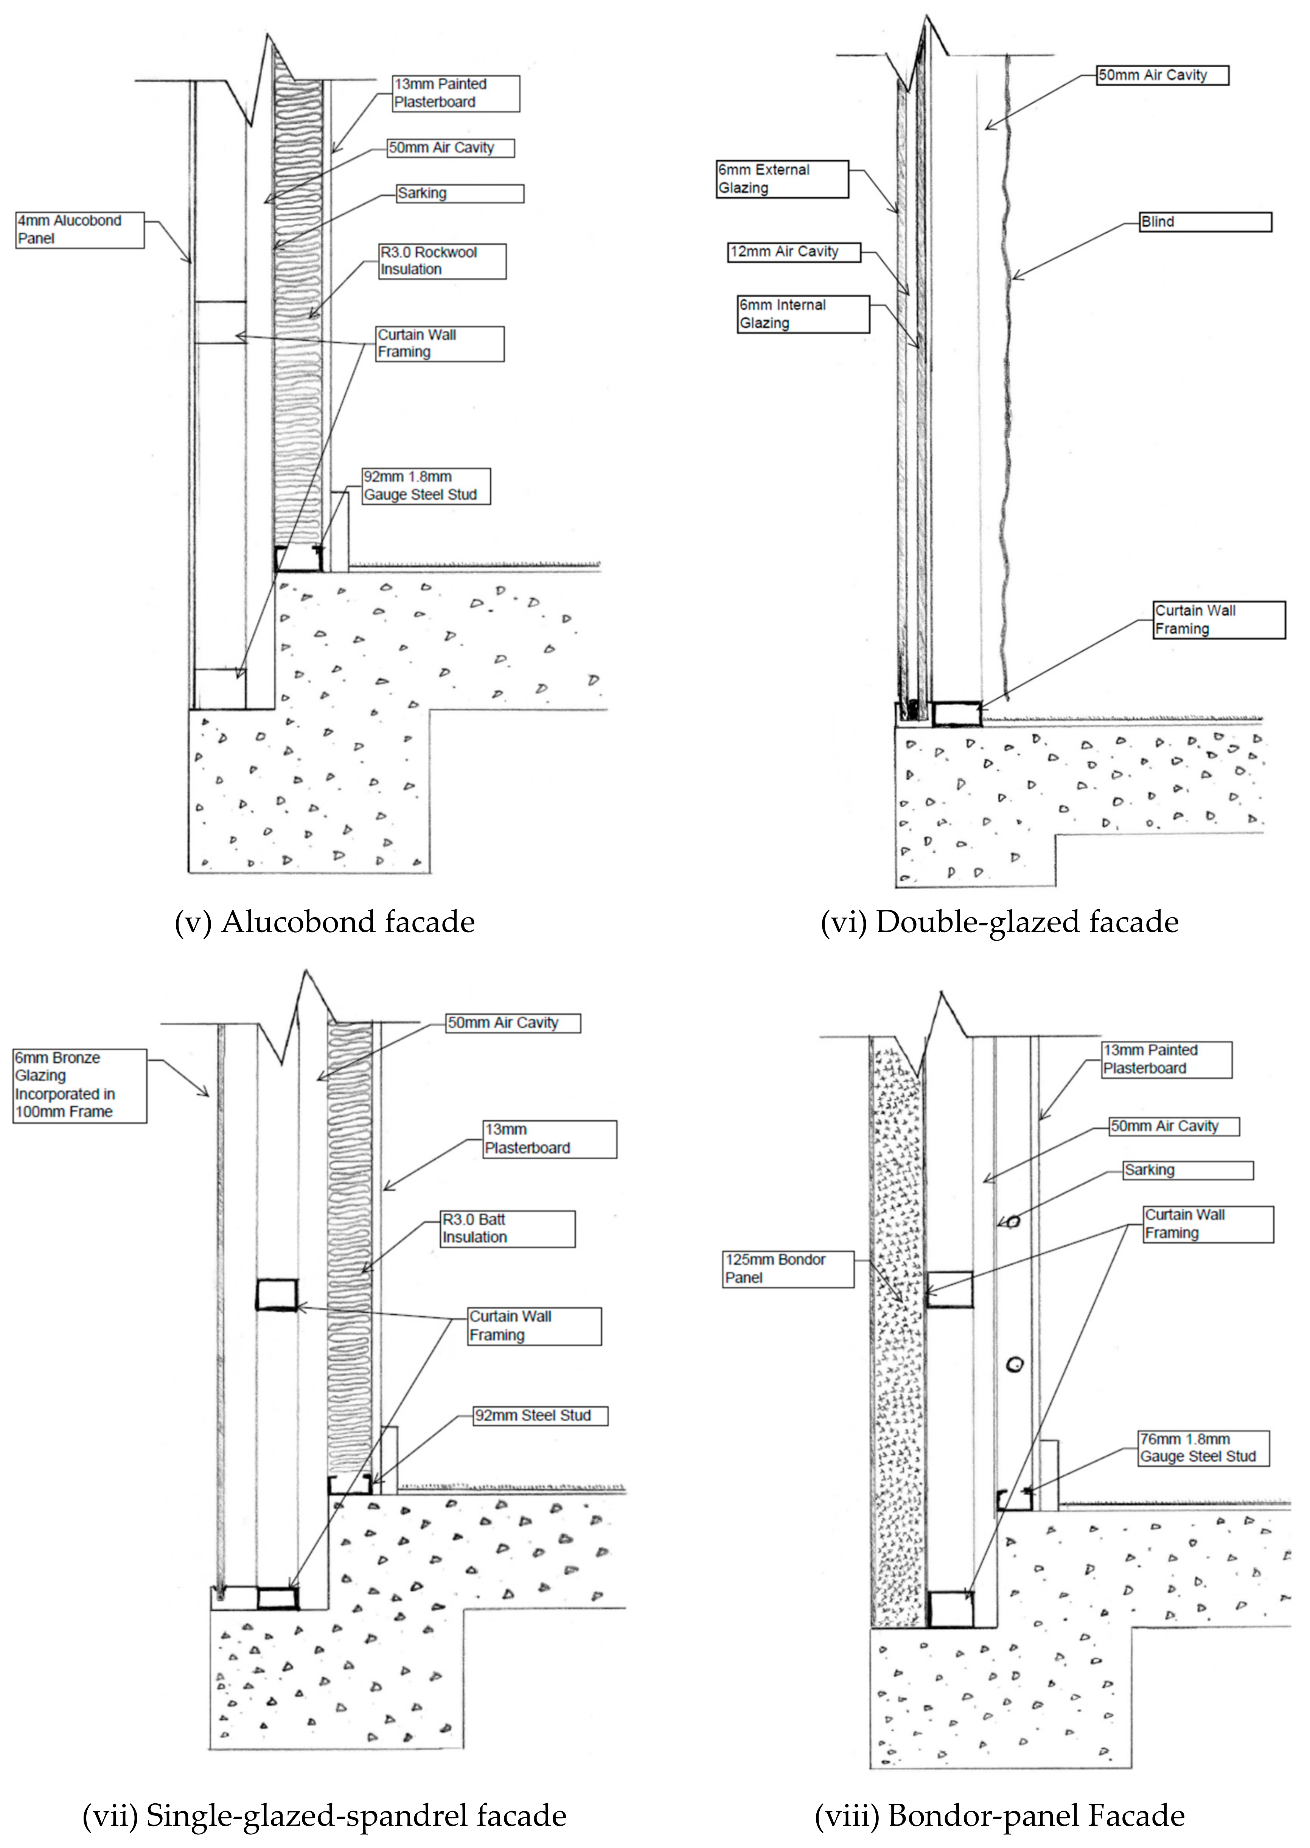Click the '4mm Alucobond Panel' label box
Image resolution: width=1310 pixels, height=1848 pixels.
point(80,230)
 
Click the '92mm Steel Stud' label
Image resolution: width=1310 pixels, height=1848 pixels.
point(540,1416)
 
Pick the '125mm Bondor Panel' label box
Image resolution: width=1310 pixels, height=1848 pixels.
point(788,1269)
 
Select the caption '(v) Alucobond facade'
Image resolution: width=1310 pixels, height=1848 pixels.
point(324,922)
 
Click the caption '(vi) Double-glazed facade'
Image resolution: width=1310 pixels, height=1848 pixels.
point(999,922)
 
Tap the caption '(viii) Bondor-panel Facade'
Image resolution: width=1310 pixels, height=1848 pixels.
point(999,1816)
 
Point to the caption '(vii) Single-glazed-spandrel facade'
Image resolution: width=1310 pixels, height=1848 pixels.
point(324,1816)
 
